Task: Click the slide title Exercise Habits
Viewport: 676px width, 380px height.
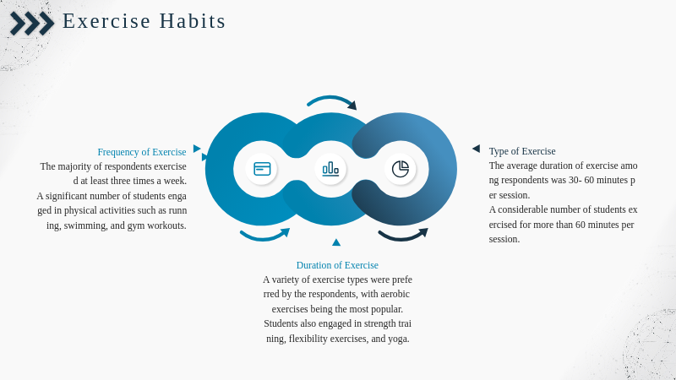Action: [x=144, y=21]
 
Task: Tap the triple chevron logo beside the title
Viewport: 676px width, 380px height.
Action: [x=32, y=24]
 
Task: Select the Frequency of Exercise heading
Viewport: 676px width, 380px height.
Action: [x=142, y=152]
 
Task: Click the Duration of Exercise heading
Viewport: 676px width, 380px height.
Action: [x=337, y=265]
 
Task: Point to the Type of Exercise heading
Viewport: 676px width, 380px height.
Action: [x=522, y=151]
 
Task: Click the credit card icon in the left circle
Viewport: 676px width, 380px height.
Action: [x=262, y=169]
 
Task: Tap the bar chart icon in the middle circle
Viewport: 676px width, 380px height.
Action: [x=330, y=169]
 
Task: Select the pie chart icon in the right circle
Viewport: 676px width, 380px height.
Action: [x=401, y=169]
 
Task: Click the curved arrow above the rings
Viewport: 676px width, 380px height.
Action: [x=331, y=99]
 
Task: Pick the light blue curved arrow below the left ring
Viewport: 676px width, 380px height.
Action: [x=264, y=237]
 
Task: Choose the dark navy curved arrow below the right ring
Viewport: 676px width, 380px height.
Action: [x=402, y=237]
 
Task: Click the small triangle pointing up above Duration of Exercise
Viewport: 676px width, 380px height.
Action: [x=336, y=242]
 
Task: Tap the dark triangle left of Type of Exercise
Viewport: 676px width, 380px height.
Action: [x=476, y=149]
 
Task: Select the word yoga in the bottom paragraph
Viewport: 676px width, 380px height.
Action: [x=398, y=339]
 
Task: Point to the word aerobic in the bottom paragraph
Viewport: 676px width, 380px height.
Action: [x=395, y=294]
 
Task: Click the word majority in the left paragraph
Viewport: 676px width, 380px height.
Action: [x=73, y=166]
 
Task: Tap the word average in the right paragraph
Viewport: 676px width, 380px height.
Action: [x=521, y=166]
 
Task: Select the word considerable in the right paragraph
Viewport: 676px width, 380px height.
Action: [x=522, y=209]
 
